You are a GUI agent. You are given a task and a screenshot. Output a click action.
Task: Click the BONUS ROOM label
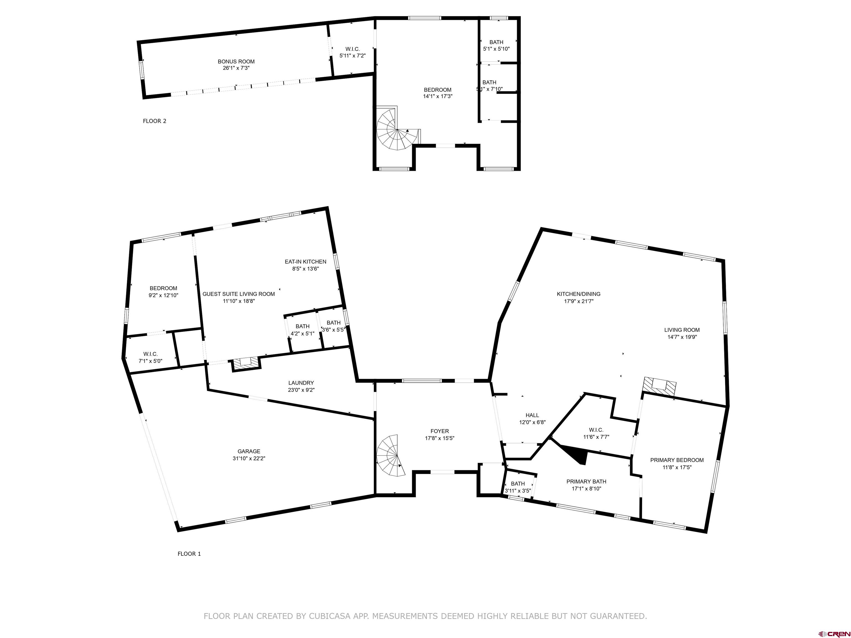coord(236,61)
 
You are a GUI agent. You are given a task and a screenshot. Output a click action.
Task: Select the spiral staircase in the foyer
coord(391,456)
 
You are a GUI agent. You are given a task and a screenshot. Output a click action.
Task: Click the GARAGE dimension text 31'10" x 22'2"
coord(249,458)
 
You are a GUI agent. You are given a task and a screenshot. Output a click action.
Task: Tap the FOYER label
coord(440,431)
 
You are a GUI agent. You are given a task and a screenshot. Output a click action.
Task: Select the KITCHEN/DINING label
coord(578,294)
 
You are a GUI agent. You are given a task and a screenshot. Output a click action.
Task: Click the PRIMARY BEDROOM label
coord(677,460)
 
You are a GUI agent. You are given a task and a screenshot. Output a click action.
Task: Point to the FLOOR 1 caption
coord(189,554)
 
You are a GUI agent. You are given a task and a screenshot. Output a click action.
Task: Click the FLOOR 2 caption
coord(155,121)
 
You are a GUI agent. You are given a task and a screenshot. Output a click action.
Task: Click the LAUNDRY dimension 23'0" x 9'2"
coord(301,390)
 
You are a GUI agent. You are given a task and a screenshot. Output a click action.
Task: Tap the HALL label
coord(532,415)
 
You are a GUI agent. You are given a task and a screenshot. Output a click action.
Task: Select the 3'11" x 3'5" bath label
coord(518,484)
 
